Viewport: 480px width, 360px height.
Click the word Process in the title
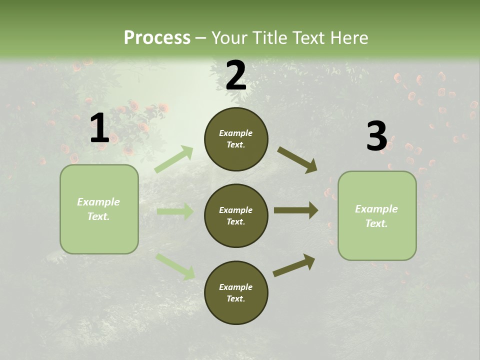click(x=157, y=38)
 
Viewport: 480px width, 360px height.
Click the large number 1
click(x=99, y=128)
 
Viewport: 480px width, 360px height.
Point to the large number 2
click(x=236, y=75)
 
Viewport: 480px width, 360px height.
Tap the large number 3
click(x=376, y=136)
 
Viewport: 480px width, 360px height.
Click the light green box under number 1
click(x=99, y=209)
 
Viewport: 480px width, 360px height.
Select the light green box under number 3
click(x=377, y=216)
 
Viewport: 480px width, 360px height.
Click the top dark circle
click(x=236, y=139)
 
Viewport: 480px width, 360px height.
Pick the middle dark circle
click(x=236, y=216)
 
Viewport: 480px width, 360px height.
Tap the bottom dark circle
click(x=236, y=293)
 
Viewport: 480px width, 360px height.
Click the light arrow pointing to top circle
click(x=174, y=159)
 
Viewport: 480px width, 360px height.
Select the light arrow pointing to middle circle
click(x=175, y=211)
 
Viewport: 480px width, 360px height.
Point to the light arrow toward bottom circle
click(x=175, y=266)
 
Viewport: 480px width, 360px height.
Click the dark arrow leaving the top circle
click(x=297, y=159)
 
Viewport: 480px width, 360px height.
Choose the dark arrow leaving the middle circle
click(x=296, y=210)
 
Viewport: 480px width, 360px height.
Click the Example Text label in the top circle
click(x=236, y=139)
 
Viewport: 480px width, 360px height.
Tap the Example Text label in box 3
click(x=376, y=216)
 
